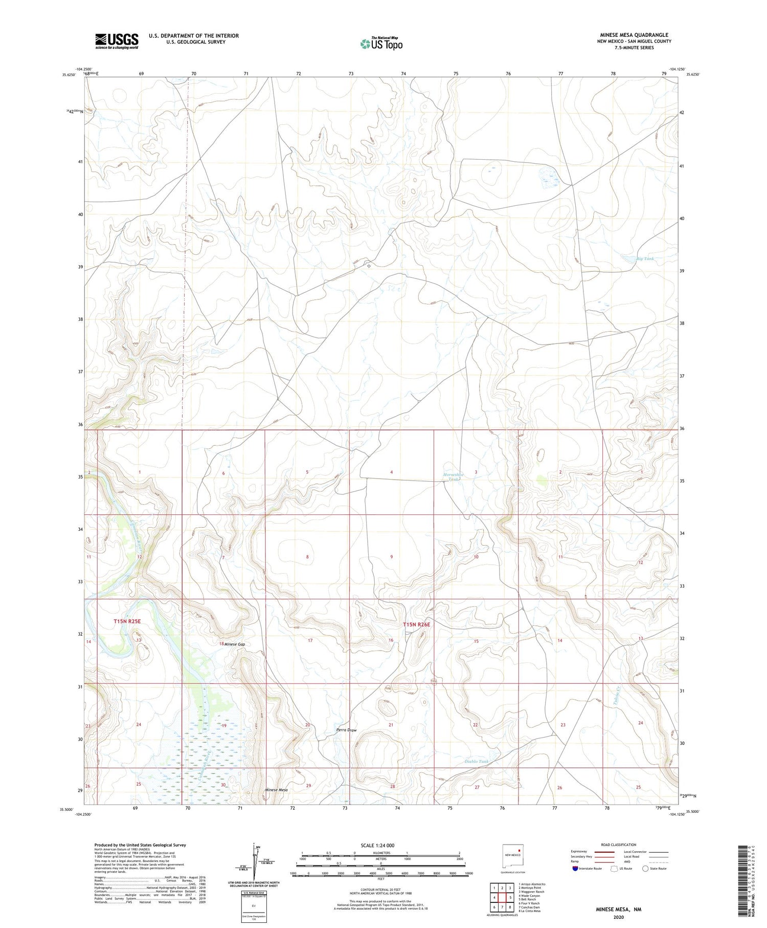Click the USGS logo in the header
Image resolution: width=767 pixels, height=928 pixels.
[117, 41]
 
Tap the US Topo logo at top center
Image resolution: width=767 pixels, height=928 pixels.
[381, 44]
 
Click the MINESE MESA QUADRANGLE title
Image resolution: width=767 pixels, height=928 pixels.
[634, 35]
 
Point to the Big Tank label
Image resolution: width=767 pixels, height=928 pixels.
[645, 258]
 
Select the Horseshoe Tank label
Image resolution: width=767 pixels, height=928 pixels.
[454, 477]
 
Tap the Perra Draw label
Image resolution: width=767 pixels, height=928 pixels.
[346, 730]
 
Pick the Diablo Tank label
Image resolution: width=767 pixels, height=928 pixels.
[476, 762]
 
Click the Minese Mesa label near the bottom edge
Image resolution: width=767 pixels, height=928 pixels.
[276, 790]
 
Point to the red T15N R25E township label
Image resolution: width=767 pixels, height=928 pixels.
[127, 621]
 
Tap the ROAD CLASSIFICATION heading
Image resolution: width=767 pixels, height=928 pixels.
[619, 845]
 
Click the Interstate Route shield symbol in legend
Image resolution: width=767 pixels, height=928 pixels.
[575, 869]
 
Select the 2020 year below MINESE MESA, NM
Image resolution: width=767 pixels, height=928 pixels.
[618, 917]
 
